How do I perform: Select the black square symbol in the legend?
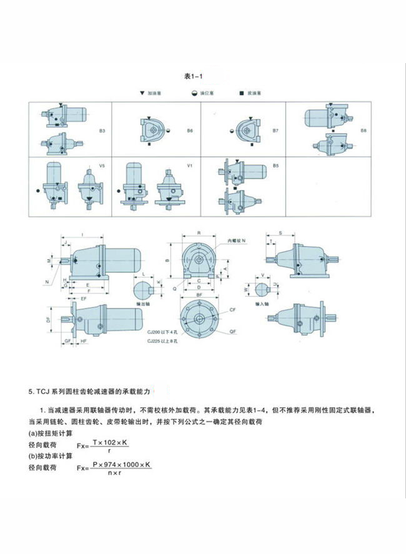coord(241,93)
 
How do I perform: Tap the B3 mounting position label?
coord(102,131)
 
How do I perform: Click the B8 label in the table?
coord(364,131)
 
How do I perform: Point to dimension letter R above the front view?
coord(198,232)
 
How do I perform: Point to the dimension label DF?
coord(48,319)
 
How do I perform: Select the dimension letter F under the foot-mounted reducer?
coord(89,292)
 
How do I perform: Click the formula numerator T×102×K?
coord(110,442)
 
